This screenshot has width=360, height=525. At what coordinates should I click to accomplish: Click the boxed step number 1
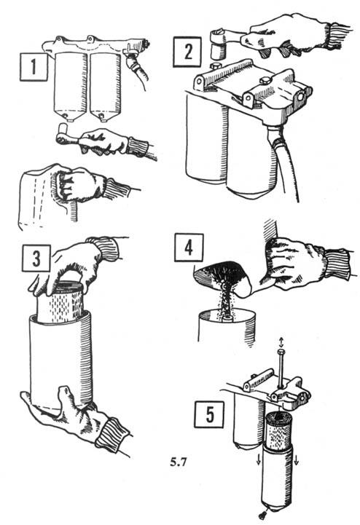[x=34, y=67]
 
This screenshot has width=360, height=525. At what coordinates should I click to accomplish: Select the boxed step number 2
[x=187, y=52]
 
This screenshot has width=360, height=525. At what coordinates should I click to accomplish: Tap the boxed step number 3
[x=36, y=258]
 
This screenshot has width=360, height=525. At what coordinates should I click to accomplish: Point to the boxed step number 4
[x=189, y=248]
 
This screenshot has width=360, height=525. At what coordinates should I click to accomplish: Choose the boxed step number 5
[x=209, y=414]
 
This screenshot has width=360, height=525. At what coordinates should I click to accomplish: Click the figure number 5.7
[x=178, y=462]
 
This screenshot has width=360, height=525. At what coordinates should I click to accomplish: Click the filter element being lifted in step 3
[x=60, y=301]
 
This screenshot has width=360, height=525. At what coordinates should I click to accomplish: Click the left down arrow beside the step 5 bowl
[x=259, y=460]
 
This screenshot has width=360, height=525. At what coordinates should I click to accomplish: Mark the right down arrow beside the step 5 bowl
[x=297, y=460]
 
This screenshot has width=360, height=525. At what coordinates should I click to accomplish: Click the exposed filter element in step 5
[x=279, y=430]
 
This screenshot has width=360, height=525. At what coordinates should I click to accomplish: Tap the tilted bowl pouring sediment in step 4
[x=223, y=276]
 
